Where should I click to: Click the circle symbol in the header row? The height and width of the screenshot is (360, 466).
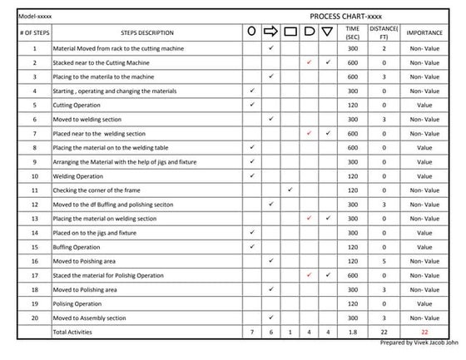[x=251, y=32]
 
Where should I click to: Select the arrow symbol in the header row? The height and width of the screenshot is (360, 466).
[x=270, y=32]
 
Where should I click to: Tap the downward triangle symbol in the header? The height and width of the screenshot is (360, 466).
[x=327, y=32]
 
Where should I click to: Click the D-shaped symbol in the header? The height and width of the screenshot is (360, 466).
[x=309, y=32]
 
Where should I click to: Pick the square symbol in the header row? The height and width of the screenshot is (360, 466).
[x=290, y=32]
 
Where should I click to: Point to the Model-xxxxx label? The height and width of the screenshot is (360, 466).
[x=35, y=16]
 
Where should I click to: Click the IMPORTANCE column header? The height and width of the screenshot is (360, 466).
[x=424, y=33]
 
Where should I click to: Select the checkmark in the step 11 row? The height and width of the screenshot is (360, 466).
[x=290, y=190]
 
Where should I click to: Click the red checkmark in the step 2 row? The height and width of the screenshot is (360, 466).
[x=309, y=63]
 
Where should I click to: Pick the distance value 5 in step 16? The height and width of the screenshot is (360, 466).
[x=384, y=261]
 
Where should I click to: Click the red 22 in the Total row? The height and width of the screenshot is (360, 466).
[x=424, y=333]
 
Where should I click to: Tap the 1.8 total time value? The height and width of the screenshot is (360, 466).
[x=352, y=333]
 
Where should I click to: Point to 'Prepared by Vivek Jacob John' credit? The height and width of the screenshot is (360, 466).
[x=414, y=343]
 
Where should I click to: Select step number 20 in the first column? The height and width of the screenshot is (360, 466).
[x=35, y=318]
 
